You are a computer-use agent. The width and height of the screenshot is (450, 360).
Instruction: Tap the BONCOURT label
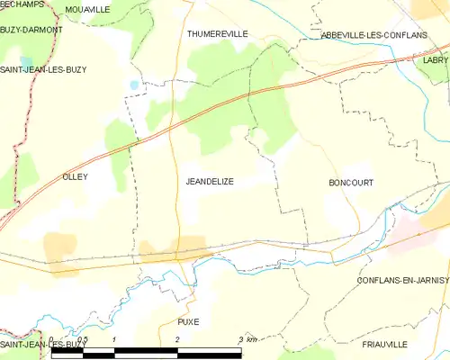351,182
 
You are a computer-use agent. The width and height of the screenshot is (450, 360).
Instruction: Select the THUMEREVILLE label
217,33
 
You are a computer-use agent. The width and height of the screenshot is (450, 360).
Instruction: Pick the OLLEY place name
74,177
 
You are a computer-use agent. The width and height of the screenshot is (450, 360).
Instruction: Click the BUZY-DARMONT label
31,30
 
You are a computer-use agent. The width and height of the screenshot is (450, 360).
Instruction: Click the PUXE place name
188,321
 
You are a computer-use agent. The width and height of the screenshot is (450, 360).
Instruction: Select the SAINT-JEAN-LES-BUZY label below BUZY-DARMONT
37,68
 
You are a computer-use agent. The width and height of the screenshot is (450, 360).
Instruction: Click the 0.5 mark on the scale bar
82,339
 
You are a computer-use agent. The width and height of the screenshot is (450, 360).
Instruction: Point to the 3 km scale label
247,339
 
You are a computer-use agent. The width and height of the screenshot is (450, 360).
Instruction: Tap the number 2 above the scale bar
178,339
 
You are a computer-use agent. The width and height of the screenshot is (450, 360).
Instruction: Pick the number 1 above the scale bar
114,339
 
